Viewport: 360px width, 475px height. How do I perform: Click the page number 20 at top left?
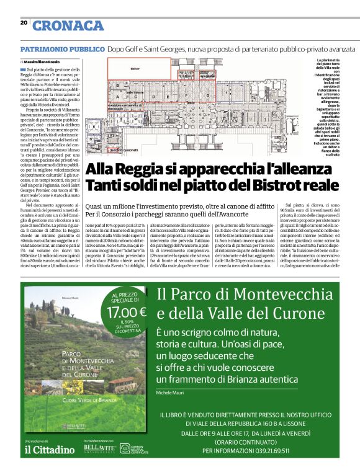(24, 22)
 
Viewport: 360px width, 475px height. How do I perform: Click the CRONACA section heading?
(68, 25)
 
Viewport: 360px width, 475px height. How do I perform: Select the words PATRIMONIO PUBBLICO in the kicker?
(62, 48)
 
